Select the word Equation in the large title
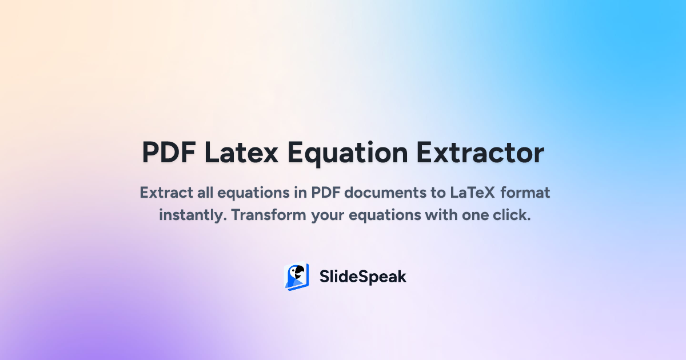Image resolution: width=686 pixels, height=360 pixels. (348, 153)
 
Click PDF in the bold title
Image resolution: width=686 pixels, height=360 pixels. (169, 153)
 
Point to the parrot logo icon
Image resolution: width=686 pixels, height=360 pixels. (296, 277)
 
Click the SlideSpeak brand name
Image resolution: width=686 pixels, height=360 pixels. (362, 277)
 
